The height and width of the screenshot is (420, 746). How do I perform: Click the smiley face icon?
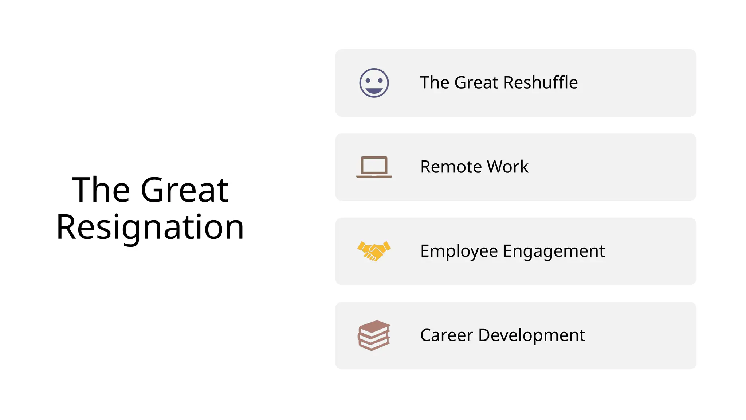point(374,83)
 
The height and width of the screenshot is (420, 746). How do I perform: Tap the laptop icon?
point(374,167)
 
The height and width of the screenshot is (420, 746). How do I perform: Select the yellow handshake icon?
point(374,251)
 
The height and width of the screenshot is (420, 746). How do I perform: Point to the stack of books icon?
point(374,335)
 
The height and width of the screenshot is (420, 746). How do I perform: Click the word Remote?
point(451,167)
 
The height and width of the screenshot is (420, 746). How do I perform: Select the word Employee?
point(459,252)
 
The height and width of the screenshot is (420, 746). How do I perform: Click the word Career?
point(446,335)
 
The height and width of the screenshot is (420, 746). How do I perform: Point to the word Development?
point(531,335)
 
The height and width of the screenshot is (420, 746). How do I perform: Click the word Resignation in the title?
point(150,227)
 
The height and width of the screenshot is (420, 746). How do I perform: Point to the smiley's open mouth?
point(374,90)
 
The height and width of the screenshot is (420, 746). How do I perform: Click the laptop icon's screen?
point(374,166)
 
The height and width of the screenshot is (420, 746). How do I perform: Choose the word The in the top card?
point(435,82)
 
